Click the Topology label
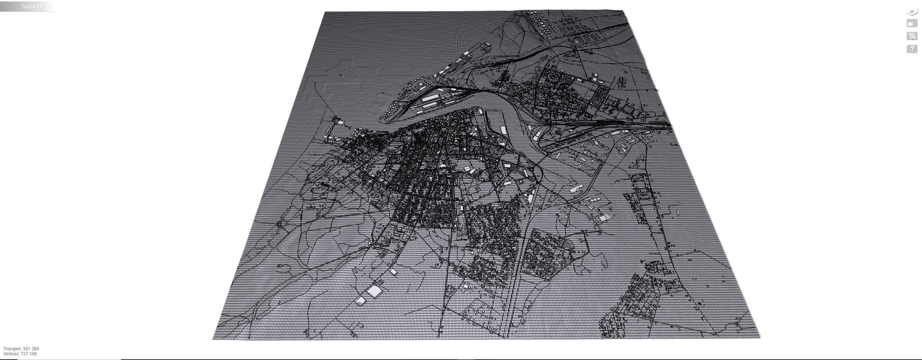pyautogui.click(x=32, y=6)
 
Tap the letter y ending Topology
pyautogui.click(x=43, y=7)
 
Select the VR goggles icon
pyautogui.click(x=912, y=12)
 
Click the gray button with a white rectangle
pyautogui.click(x=912, y=24)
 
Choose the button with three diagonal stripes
pyautogui.click(x=912, y=36)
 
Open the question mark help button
pyautogui.click(x=912, y=49)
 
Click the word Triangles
pyautogui.click(x=12, y=349)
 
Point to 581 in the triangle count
pyautogui.click(x=27, y=349)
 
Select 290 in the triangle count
pyautogui.click(x=35, y=349)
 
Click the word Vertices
pyautogui.click(x=11, y=354)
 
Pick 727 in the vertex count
pyautogui.click(x=25, y=354)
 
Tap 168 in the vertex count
pyautogui.click(x=33, y=354)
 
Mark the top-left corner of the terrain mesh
pyautogui.click(x=325, y=12)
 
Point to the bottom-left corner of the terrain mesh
pyautogui.click(x=213, y=339)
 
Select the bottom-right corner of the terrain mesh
pyautogui.click(x=760, y=338)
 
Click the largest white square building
pyautogui.click(x=374, y=291)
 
